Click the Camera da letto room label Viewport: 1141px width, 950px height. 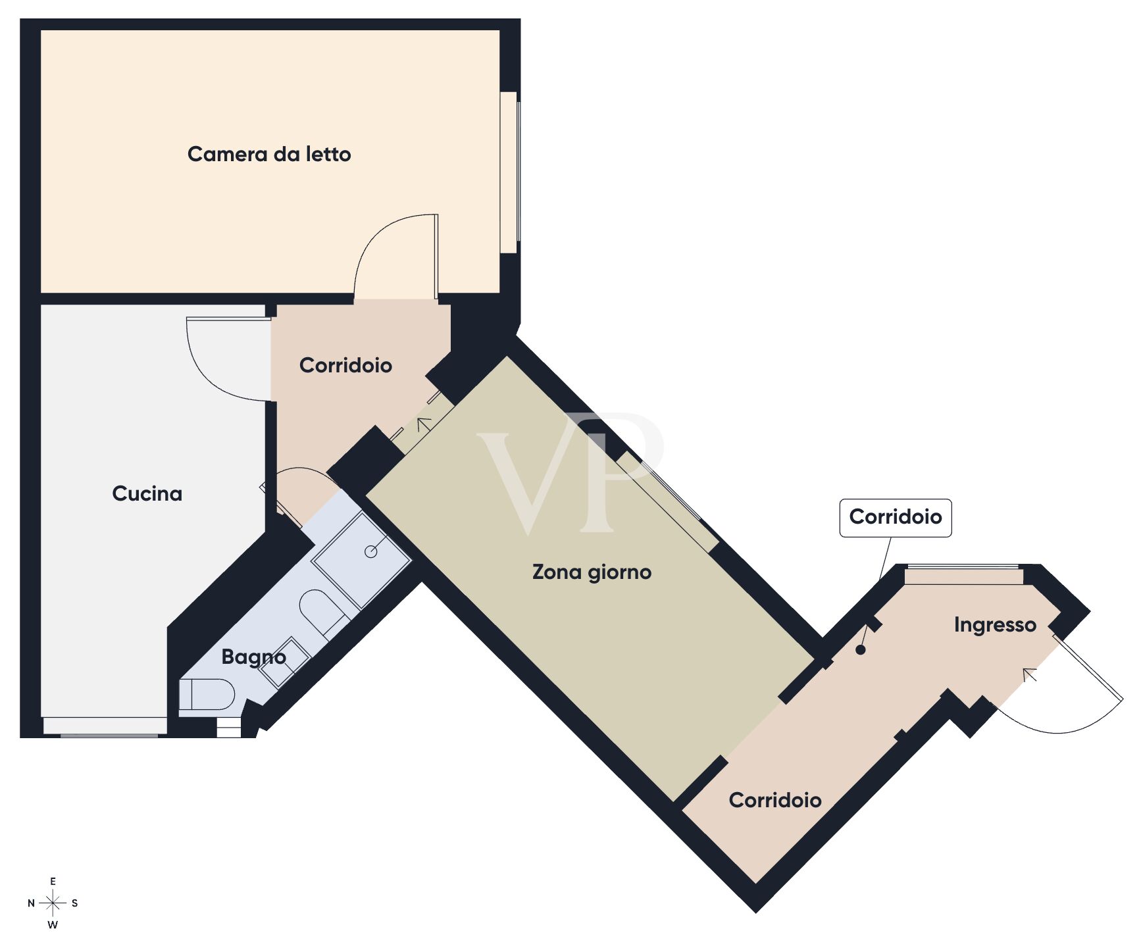tap(269, 155)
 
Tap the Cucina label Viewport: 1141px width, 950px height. tap(147, 493)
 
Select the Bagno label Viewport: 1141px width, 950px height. tap(253, 657)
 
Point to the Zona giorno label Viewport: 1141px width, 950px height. tap(592, 572)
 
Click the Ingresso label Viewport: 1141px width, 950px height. tap(995, 624)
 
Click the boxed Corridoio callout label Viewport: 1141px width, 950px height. tap(895, 517)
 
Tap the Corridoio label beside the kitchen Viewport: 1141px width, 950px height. tap(345, 366)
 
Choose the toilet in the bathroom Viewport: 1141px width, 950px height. tap(207, 695)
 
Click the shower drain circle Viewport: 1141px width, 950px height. tap(371, 552)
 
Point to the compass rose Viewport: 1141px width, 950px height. tap(53, 903)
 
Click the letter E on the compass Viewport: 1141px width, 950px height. tap(53, 882)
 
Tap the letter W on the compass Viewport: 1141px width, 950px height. tap(53, 925)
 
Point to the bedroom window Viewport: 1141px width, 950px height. tap(509, 172)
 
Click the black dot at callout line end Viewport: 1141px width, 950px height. tap(860, 650)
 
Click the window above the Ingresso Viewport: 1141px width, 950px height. tap(963, 575)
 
